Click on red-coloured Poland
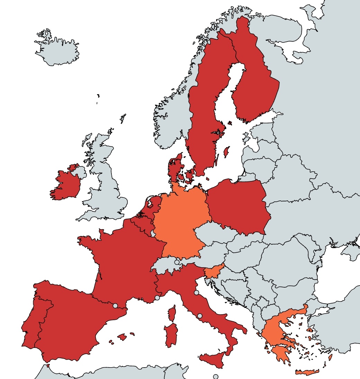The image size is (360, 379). click(237, 208)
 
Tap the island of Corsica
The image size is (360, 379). click(172, 313)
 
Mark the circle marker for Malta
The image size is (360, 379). click(216, 377)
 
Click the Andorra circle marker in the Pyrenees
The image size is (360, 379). click(115, 306)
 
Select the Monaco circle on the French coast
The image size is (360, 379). click(157, 297)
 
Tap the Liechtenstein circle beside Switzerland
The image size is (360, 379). click(177, 262)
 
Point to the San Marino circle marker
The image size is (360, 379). click(196, 292)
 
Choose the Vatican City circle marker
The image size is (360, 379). click(200, 316)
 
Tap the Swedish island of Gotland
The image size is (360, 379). click(227, 151)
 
